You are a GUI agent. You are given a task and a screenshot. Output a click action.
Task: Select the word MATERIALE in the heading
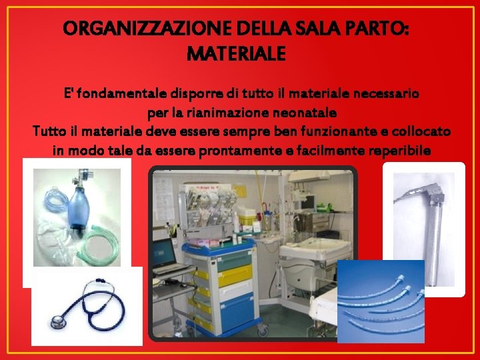coord(236,53)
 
